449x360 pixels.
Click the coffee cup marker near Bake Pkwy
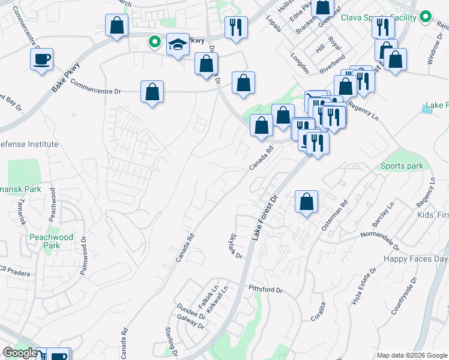41,59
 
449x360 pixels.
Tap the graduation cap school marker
177,44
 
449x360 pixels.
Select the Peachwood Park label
52,241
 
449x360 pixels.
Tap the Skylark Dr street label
235,247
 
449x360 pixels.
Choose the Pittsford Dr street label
265,289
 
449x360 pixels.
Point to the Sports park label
402,166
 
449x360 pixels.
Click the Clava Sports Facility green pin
426,17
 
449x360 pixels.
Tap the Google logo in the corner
20,353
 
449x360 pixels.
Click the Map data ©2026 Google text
412,355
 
